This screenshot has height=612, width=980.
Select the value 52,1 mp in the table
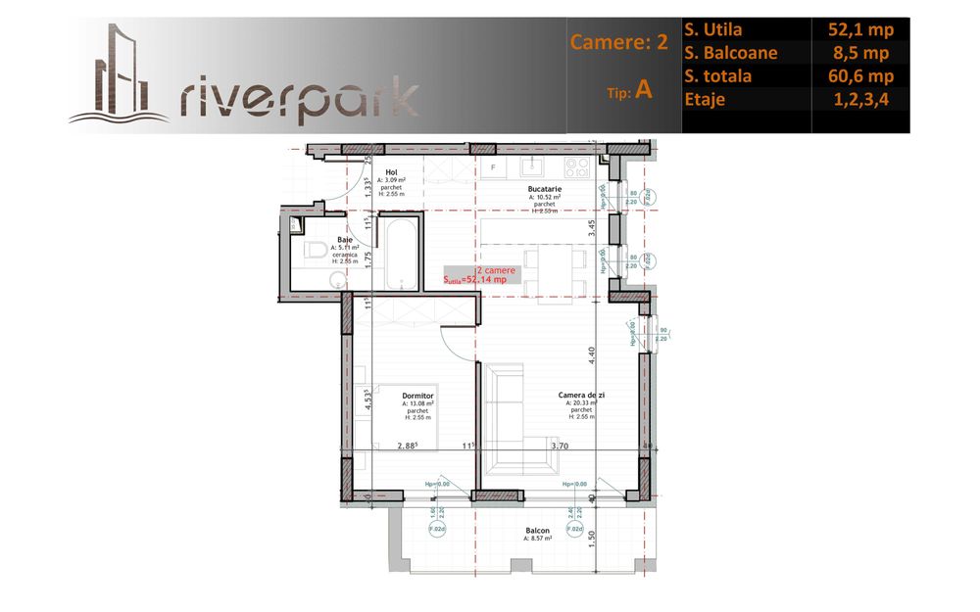coord(859,29)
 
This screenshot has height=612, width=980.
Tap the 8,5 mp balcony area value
coord(859,53)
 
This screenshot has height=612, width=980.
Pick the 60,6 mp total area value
coord(859,75)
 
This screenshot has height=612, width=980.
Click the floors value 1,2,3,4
coord(859,99)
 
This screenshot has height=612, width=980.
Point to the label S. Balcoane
coord(731,53)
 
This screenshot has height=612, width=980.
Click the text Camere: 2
coord(618,43)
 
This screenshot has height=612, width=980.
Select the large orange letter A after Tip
coord(644,89)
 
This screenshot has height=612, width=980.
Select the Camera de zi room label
coord(582,396)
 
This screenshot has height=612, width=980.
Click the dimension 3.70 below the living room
coord(560,446)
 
